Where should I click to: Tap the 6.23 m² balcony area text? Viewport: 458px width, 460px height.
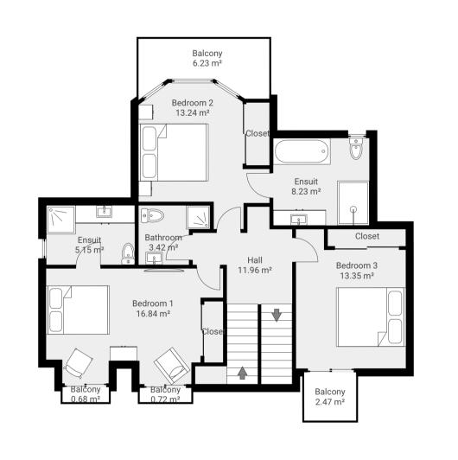pyautogui.click(x=207, y=63)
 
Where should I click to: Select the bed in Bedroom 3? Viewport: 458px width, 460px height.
pyautogui.click(x=371, y=316)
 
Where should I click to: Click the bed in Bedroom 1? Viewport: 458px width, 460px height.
pyautogui.click(x=79, y=310)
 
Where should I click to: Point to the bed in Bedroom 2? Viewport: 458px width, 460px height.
pyautogui.click(x=175, y=152)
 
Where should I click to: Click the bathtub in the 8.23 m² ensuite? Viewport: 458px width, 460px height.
pyautogui.click(x=302, y=152)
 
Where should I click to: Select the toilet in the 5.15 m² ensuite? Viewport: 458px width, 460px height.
pyautogui.click(x=128, y=252)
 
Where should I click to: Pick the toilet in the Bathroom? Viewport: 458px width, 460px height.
pyautogui.click(x=153, y=216)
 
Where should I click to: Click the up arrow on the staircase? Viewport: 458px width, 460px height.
pyautogui.click(x=242, y=373)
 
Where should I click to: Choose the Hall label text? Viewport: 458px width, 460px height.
pyautogui.click(x=255, y=259)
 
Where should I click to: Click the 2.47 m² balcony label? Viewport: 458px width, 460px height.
pyautogui.click(x=329, y=391)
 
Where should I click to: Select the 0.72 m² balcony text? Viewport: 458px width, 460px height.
pyautogui.click(x=164, y=399)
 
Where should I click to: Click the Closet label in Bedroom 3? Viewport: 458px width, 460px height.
pyautogui.click(x=366, y=236)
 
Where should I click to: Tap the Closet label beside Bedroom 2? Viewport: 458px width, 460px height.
pyautogui.click(x=258, y=133)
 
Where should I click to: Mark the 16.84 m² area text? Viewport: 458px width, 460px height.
pyautogui.click(x=153, y=314)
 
